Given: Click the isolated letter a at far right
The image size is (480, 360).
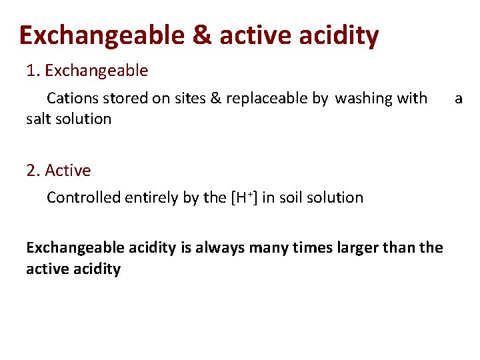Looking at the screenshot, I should pos(458,99).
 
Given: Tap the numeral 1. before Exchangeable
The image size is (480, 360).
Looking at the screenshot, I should pos(32,71).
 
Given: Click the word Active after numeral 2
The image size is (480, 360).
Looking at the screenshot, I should pos(68,171).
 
